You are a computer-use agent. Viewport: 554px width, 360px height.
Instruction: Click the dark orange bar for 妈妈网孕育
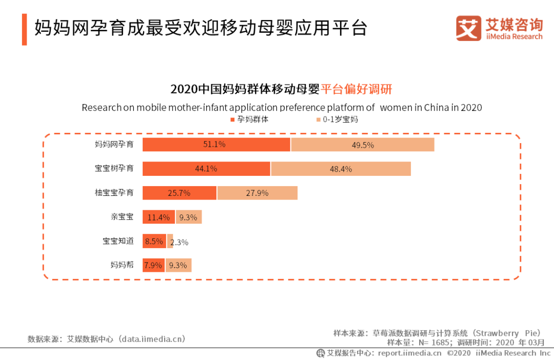pyautogui.click(x=216, y=145)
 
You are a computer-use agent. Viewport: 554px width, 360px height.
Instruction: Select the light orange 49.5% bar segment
pyautogui.click(x=363, y=145)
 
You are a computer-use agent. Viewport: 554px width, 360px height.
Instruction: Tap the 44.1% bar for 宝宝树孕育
pyautogui.click(x=206, y=168)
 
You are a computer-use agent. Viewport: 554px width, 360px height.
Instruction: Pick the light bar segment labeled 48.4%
pyautogui.click(x=341, y=169)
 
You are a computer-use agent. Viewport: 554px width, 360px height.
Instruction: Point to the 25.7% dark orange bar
pyautogui.click(x=179, y=193)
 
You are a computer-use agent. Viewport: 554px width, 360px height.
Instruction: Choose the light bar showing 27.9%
pyautogui.click(x=257, y=193)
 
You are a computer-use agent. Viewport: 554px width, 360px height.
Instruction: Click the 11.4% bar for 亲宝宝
pyautogui.click(x=159, y=217)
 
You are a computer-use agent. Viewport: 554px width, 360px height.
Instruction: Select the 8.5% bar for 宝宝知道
pyautogui.click(x=154, y=241)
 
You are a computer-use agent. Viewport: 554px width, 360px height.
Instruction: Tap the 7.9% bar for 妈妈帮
pyautogui.click(x=153, y=265)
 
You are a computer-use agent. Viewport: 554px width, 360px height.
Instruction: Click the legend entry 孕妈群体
pyautogui.click(x=249, y=119)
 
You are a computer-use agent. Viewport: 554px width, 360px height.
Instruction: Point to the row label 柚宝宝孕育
pyautogui.click(x=114, y=193)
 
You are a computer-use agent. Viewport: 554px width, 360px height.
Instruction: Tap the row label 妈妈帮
pyautogui.click(x=122, y=265)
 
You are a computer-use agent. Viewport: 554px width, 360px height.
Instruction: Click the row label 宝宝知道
pyautogui.click(x=118, y=241)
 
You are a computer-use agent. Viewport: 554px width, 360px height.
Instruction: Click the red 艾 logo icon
pyautogui.click(x=468, y=28)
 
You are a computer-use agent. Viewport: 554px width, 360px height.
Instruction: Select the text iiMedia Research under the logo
pyautogui.click(x=513, y=36)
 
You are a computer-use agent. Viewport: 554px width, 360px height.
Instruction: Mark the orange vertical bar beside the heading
pyautogui.click(x=24, y=29)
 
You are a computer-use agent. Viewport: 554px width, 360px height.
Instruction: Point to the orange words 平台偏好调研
pyautogui.click(x=357, y=89)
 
